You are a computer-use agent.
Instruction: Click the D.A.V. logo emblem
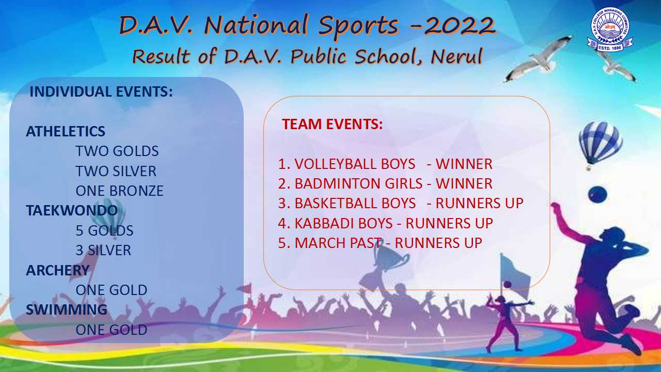(610, 29)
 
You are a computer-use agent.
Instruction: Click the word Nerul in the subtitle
(456, 56)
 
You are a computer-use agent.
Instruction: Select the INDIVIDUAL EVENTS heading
(101, 91)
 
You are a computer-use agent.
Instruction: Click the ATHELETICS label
(66, 131)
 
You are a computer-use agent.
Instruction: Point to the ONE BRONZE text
(119, 191)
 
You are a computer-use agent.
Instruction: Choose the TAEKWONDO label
(72, 210)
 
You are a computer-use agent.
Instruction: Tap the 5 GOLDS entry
(104, 230)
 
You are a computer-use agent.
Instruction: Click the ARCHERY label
(57, 270)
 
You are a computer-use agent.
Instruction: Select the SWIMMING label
(67, 309)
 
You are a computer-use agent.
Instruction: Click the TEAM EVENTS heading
(332, 124)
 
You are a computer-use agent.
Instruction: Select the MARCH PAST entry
(338, 243)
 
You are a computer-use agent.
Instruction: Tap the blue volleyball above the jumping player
(597, 195)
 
